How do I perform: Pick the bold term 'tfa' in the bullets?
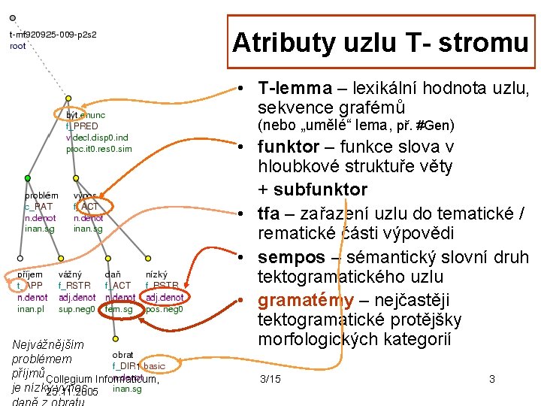268,212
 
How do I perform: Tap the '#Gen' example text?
437,125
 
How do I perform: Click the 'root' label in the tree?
17,46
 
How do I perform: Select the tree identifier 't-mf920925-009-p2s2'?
53,35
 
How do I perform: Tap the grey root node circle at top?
13,18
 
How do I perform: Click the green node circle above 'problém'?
29,178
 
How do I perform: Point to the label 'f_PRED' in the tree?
82,126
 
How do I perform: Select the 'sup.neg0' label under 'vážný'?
76,309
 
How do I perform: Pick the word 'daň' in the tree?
113,275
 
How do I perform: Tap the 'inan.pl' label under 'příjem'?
32,309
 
